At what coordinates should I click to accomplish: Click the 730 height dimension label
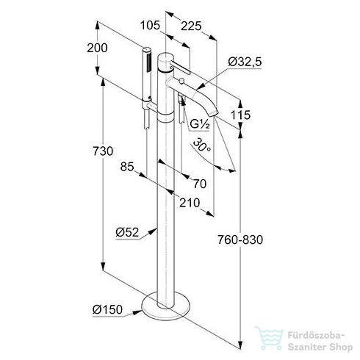[103, 151]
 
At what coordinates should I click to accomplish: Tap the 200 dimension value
[97, 48]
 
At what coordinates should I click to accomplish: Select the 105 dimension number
[150, 25]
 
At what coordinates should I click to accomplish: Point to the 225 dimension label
[191, 26]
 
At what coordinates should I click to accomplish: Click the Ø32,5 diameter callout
[245, 62]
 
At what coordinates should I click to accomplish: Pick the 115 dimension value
[240, 115]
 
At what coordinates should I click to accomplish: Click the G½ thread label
[200, 125]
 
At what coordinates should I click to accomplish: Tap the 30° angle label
[202, 146]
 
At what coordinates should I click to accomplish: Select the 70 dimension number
[200, 184]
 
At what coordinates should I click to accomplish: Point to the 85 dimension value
[127, 167]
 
